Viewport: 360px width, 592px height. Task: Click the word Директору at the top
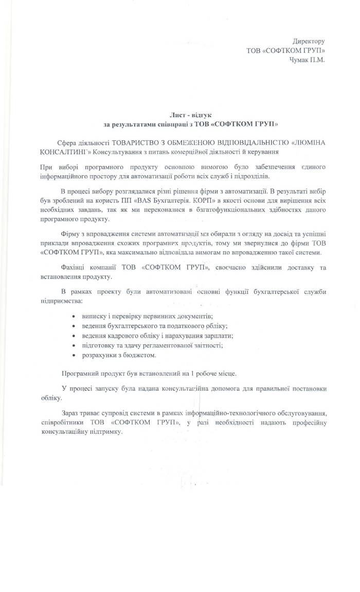click(309, 41)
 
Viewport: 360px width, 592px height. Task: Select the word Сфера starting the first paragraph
click(70, 142)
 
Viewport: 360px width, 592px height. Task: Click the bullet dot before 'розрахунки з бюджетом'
click(76, 355)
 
